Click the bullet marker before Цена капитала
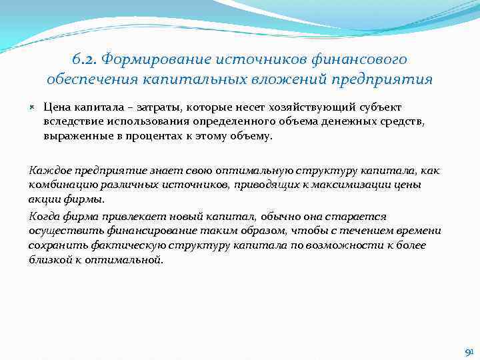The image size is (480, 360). pyautogui.click(x=33, y=107)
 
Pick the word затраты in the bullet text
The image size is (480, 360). pyautogui.click(x=159, y=107)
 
